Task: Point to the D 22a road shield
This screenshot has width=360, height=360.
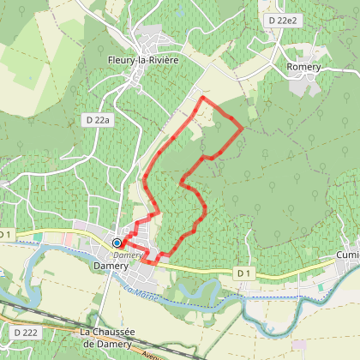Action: point(99,121)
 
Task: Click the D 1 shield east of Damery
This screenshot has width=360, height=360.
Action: point(245,273)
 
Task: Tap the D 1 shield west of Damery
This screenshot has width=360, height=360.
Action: point(5,234)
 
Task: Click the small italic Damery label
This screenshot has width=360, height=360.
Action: point(126,255)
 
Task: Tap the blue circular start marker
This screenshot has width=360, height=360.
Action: point(117,243)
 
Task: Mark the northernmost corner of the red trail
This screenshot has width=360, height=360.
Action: point(202,99)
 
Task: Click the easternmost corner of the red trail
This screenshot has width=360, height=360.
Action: point(243,129)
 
